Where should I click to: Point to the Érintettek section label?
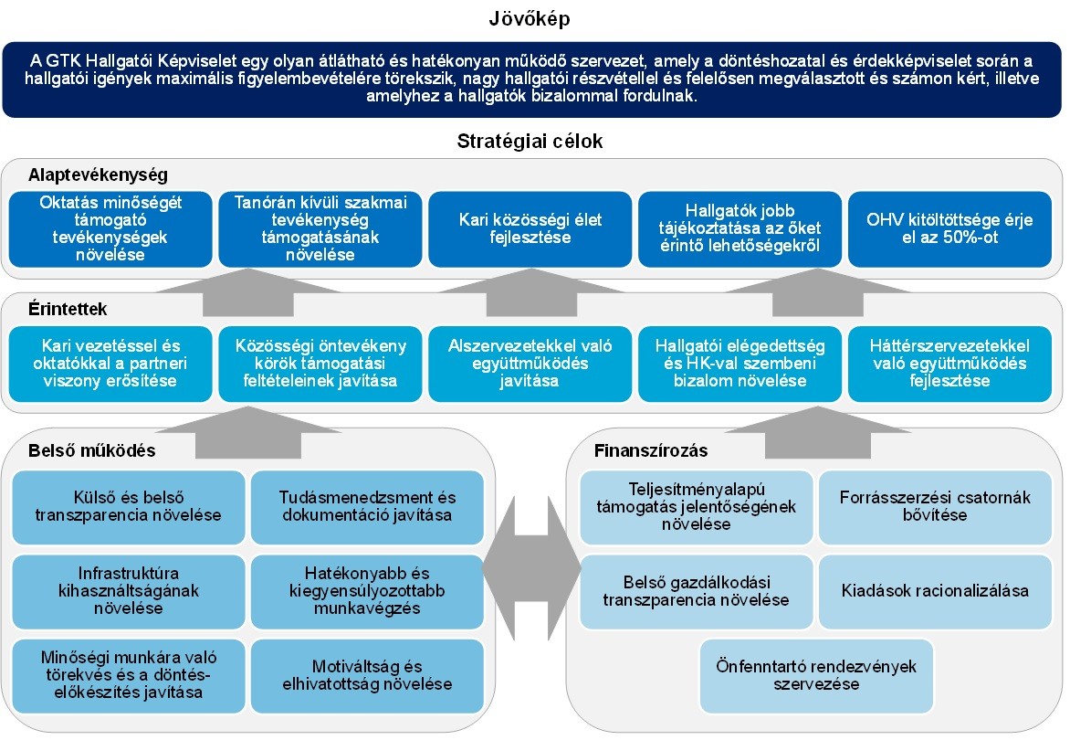pos(67,309)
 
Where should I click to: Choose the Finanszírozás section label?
pos(650,450)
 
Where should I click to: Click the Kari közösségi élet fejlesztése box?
pos(530,228)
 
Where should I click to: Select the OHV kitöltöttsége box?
pos(949,228)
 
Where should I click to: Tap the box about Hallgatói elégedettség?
pos(740,364)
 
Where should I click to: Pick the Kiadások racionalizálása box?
pos(935,591)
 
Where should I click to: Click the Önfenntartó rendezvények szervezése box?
pos(817,675)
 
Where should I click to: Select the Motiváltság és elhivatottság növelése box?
pos(367,675)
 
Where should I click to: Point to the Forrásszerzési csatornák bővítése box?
pos(935,507)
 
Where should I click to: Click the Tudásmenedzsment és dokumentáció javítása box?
pos(367,507)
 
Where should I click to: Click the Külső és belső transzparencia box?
pos(129,507)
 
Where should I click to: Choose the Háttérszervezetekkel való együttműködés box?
pos(949,364)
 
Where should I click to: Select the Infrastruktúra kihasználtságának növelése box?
pos(129,591)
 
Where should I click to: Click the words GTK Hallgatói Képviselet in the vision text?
pos(129,60)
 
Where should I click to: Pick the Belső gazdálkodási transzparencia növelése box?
pos(696,591)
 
